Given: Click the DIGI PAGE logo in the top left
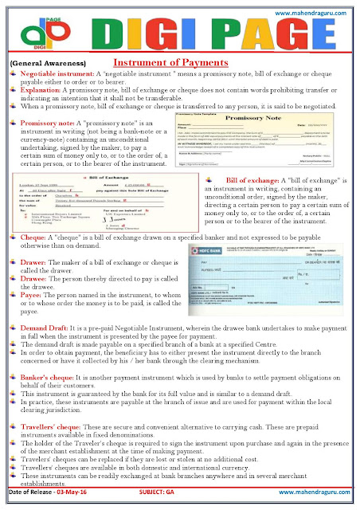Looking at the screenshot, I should coord(30,33).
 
